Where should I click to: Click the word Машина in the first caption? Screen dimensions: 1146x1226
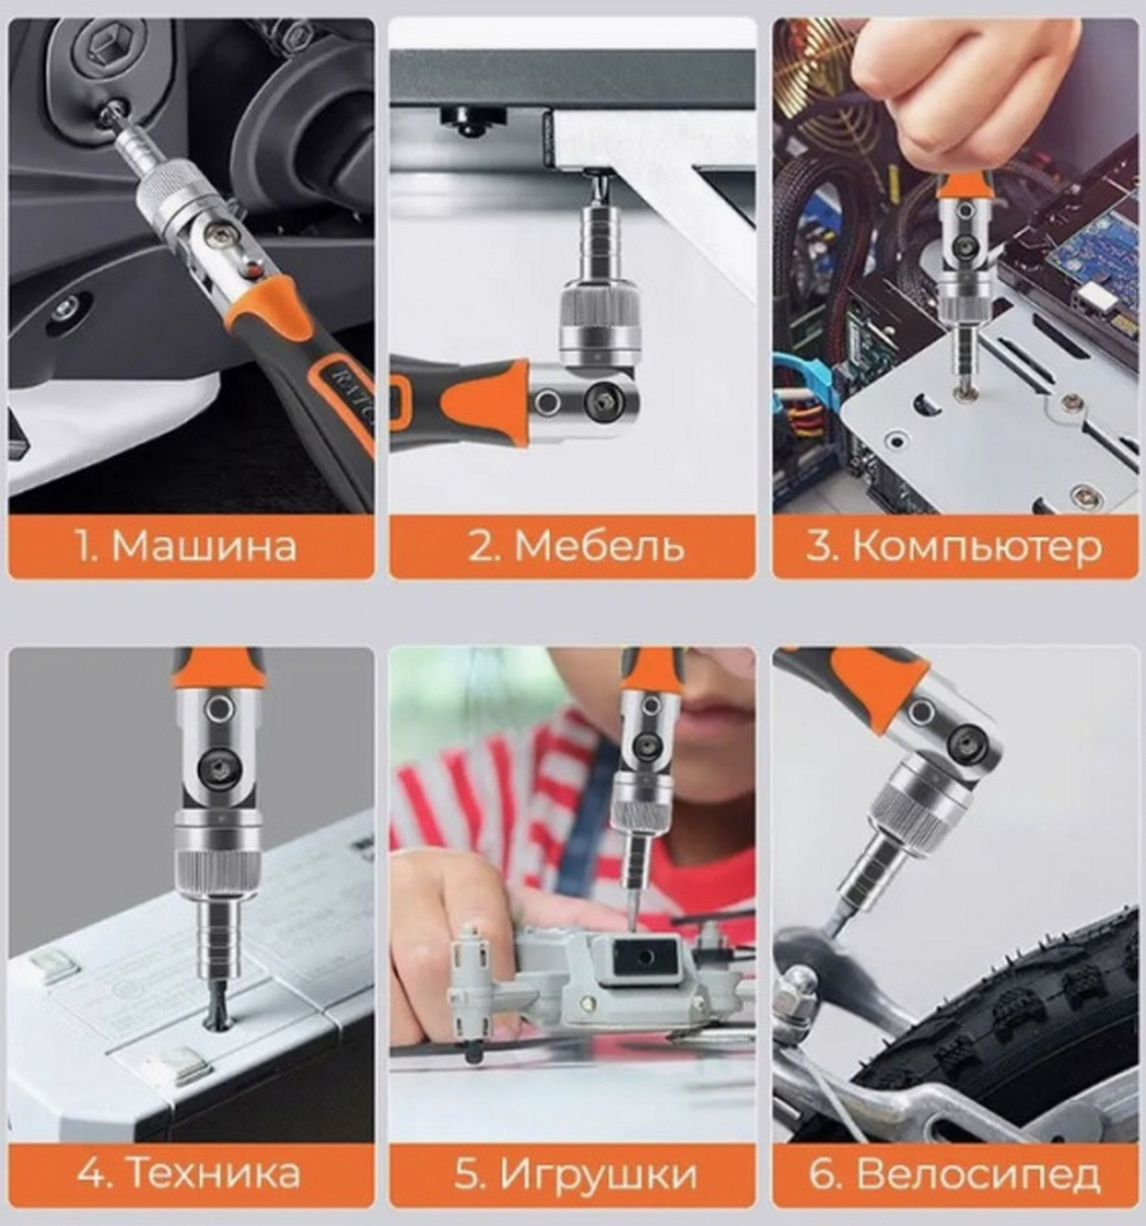(x=205, y=547)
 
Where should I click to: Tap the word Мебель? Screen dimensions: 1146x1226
(x=600, y=547)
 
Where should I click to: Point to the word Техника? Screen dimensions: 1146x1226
(x=216, y=1172)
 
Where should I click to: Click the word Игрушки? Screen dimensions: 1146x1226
(x=598, y=1173)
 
